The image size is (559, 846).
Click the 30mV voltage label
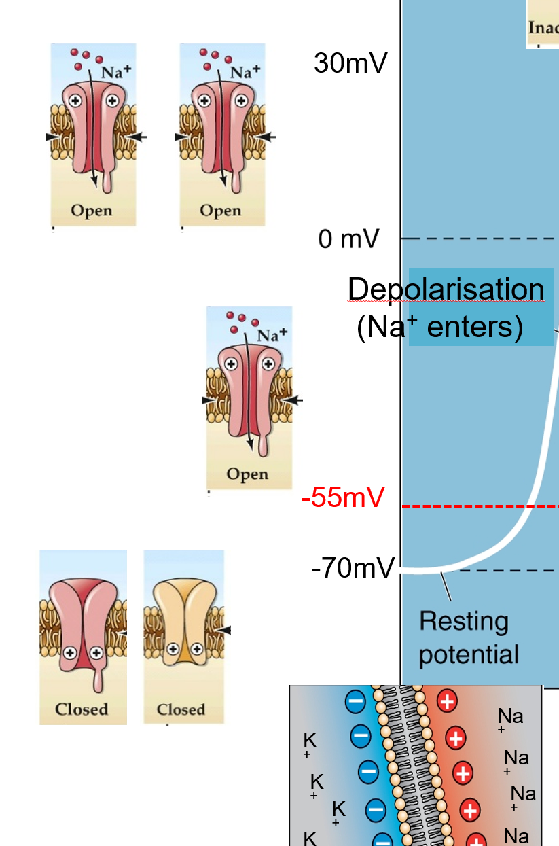tap(350, 63)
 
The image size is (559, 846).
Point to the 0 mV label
tap(348, 239)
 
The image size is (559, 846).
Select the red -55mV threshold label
tap(343, 498)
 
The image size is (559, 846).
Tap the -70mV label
tap(353, 568)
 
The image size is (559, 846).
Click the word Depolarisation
tap(446, 290)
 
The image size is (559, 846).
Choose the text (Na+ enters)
tap(439, 328)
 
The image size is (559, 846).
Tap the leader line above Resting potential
tap(446, 586)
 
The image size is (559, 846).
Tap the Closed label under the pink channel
tap(82, 709)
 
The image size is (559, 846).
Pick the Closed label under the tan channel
tap(181, 709)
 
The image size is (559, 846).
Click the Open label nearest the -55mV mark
tap(247, 474)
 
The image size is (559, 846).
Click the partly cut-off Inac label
tap(543, 28)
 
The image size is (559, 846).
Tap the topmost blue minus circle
tap(355, 702)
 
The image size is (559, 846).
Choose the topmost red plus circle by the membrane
tap(446, 701)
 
